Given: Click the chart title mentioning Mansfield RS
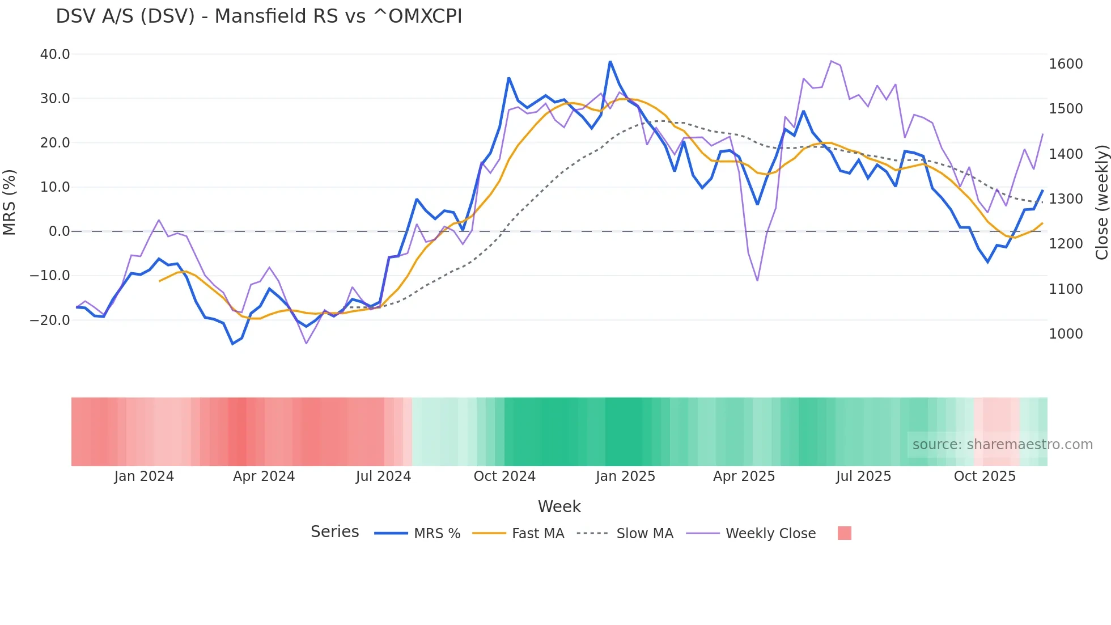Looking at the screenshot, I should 259,16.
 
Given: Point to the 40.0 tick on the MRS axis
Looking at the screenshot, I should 55,54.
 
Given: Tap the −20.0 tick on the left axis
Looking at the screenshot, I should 50,320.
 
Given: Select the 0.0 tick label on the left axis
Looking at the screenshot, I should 60,231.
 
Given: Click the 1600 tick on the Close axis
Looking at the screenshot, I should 1066,64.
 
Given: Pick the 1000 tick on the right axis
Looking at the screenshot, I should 1066,334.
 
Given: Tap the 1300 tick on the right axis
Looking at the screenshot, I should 1066,199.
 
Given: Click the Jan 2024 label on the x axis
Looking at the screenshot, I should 144,476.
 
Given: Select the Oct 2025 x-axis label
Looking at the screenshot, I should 985,476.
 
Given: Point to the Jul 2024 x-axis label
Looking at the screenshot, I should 383,476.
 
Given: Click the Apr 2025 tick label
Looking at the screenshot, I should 744,476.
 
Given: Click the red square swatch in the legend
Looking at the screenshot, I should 844,533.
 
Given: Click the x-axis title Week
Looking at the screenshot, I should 559,506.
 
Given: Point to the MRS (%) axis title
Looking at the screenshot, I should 10,202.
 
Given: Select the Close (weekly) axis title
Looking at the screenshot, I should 1101,202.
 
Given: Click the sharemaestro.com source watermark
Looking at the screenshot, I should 1002,445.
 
